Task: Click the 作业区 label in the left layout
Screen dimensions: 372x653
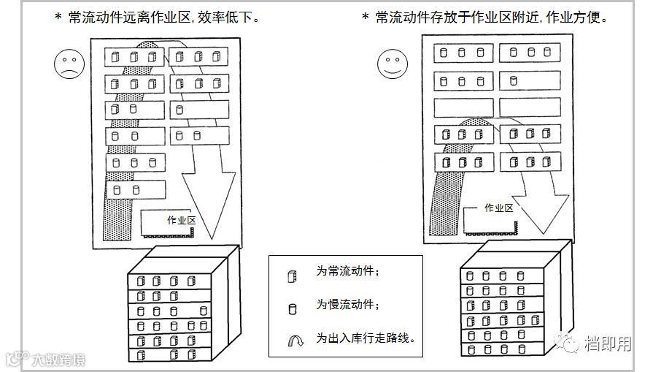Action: [x=181, y=220]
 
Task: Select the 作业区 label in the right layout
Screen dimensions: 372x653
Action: [x=498, y=208]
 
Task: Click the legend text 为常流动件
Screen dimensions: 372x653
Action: [x=347, y=271]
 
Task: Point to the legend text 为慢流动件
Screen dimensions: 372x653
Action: [x=347, y=305]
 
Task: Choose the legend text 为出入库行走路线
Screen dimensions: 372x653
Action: [x=366, y=338]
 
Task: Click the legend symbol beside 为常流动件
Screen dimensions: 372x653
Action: [x=292, y=276]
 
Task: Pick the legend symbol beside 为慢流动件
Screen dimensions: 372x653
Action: [x=293, y=308]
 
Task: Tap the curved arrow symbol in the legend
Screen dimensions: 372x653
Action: [x=293, y=341]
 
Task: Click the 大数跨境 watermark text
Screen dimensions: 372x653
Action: [x=58, y=359]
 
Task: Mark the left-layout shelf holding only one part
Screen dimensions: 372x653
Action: [x=198, y=110]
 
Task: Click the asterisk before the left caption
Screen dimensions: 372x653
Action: [x=58, y=17]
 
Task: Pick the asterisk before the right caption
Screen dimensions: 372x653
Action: [x=366, y=17]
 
